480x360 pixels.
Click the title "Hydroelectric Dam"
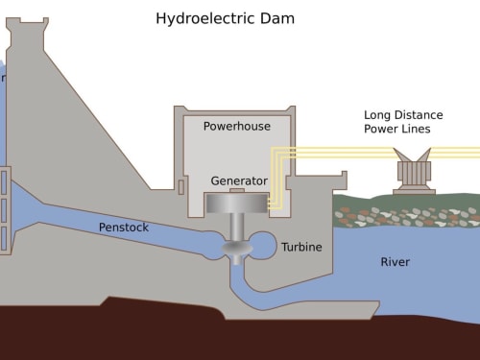[225, 18]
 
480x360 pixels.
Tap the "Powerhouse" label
[237, 126]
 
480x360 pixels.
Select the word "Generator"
[239, 181]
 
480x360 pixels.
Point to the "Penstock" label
[124, 228]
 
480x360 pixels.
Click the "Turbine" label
[301, 247]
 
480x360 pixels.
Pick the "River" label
[395, 262]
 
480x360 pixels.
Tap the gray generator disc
[237, 204]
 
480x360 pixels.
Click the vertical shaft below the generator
[237, 228]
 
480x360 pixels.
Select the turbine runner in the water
[237, 249]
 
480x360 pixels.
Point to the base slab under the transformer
[414, 192]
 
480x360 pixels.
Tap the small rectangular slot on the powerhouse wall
[181, 187]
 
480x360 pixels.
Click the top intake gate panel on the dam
[4, 182]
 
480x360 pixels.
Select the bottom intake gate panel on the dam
[4, 238]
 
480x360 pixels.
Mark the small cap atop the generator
[237, 191]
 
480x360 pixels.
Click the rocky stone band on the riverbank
[406, 217]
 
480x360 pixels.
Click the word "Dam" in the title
[277, 18]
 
